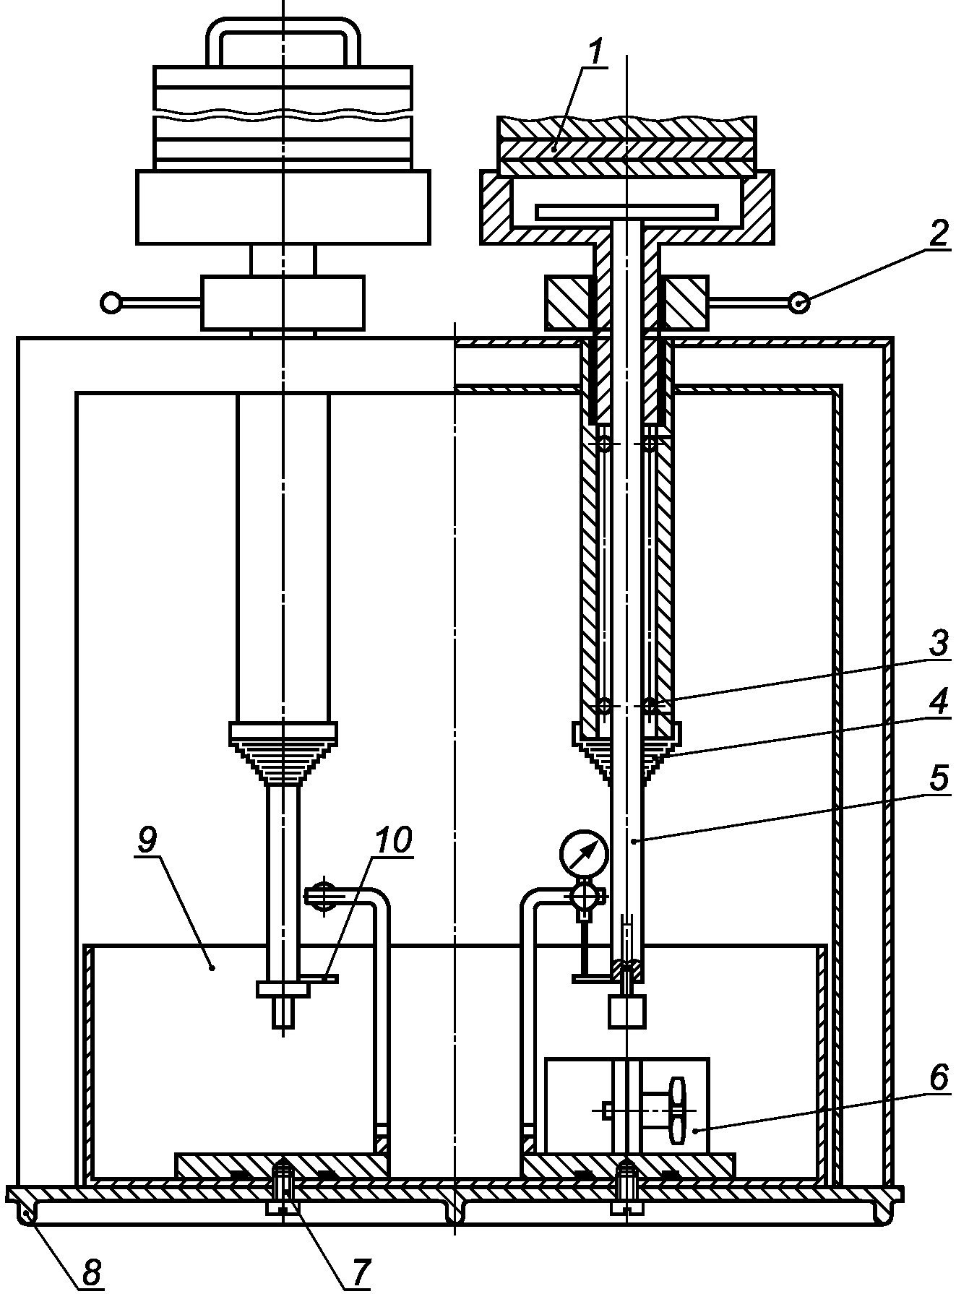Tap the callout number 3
[938, 643]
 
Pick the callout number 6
[938, 1078]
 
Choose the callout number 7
[361, 1272]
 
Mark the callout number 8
[92, 1272]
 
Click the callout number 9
[147, 840]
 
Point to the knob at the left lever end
[111, 302]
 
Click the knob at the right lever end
[798, 302]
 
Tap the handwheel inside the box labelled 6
[677, 1110]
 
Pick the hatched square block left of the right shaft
[568, 302]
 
